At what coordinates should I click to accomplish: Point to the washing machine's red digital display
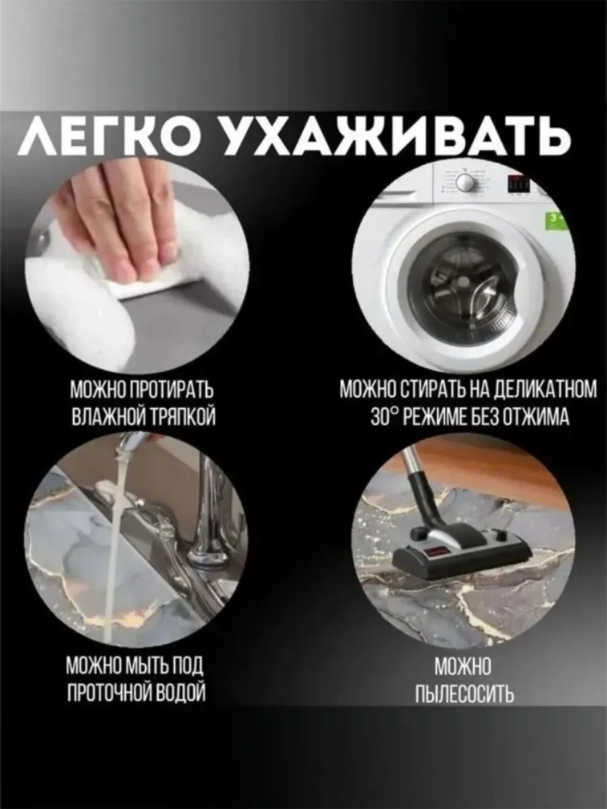(x=518, y=183)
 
